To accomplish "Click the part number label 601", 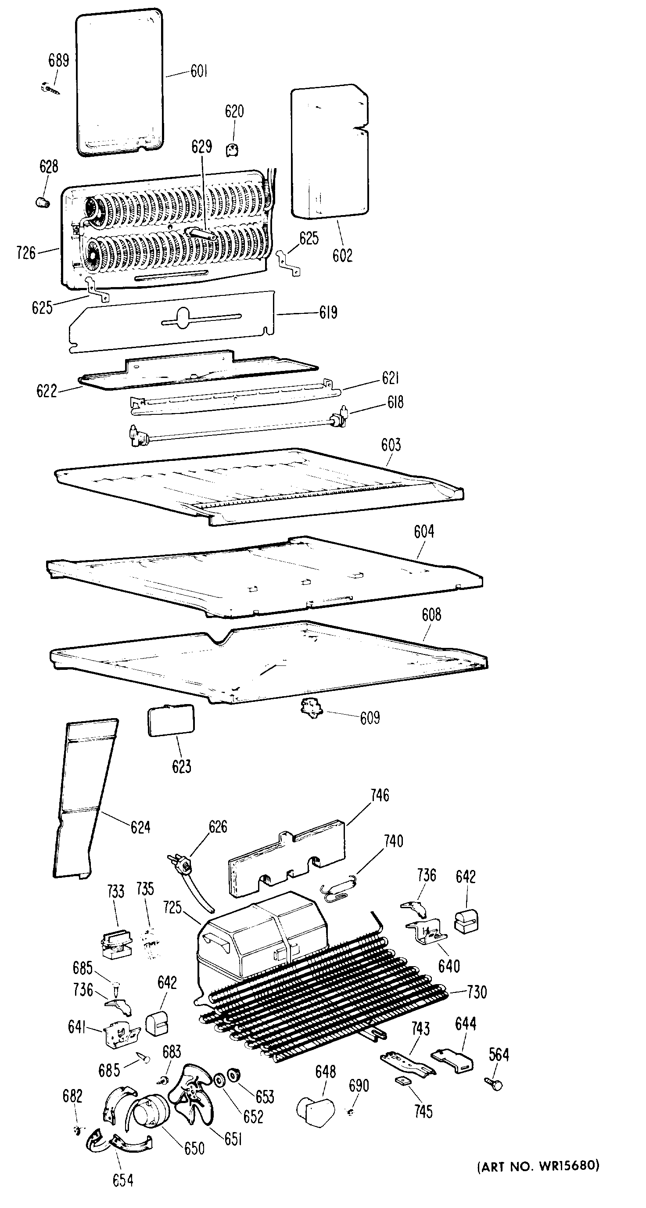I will click(199, 71).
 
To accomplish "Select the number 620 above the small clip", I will click(234, 111).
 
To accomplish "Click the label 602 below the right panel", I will click(342, 255).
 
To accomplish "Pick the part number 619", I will click(328, 313).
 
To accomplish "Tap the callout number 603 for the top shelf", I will click(391, 445).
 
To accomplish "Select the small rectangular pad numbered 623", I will click(171, 720).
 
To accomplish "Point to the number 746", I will click(380, 795).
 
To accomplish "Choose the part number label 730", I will click(477, 992).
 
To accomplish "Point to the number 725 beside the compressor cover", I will click(172, 907).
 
